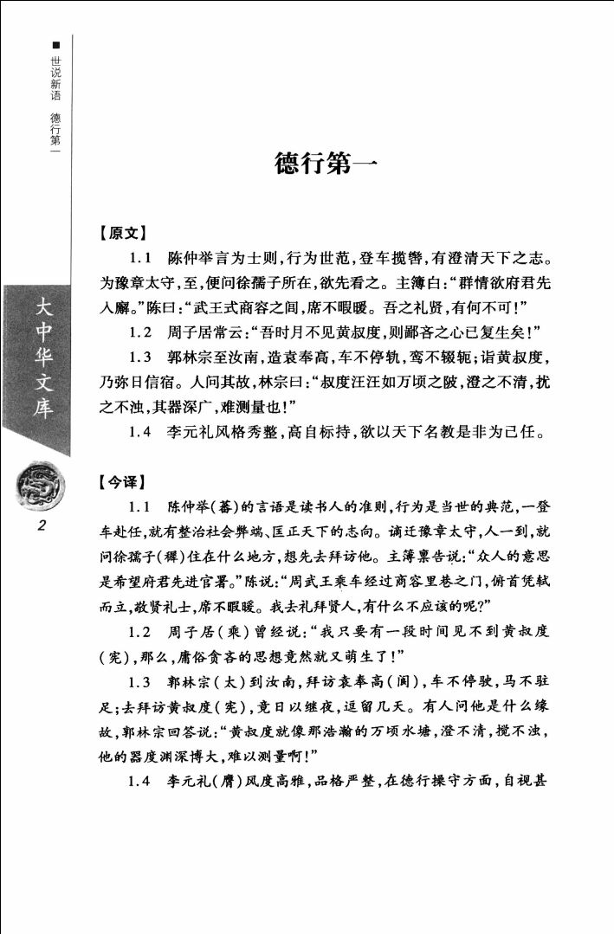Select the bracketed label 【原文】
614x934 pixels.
(122, 233)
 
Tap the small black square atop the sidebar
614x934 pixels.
(56, 43)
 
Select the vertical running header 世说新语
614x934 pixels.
(56, 78)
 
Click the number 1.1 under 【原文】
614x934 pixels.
(141, 259)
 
